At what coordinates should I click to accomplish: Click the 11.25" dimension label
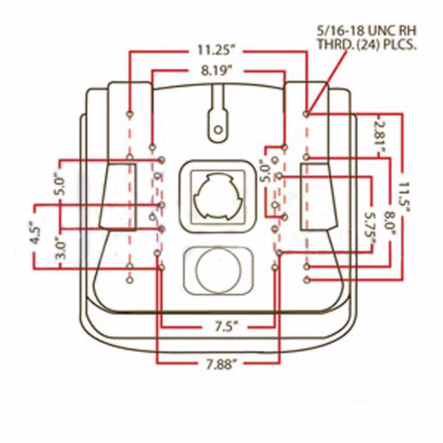tap(215, 51)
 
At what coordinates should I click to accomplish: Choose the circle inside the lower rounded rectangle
tap(218, 270)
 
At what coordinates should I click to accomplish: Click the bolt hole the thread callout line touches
tap(306, 114)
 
